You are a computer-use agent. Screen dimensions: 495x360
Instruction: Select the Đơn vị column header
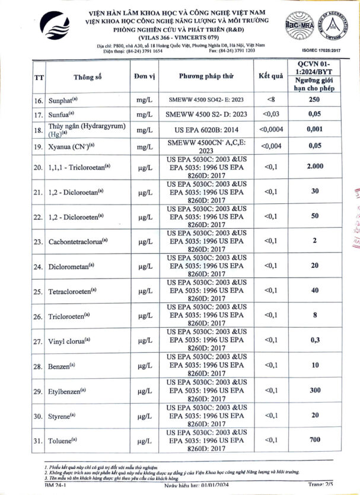tap(144, 77)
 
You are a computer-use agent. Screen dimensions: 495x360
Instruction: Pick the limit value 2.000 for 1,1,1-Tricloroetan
tap(314, 167)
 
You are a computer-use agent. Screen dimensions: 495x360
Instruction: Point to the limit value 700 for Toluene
tap(314, 440)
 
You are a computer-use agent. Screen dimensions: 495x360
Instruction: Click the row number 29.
tap(39, 391)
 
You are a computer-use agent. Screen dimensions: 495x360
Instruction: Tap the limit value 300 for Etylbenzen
tap(314, 391)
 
